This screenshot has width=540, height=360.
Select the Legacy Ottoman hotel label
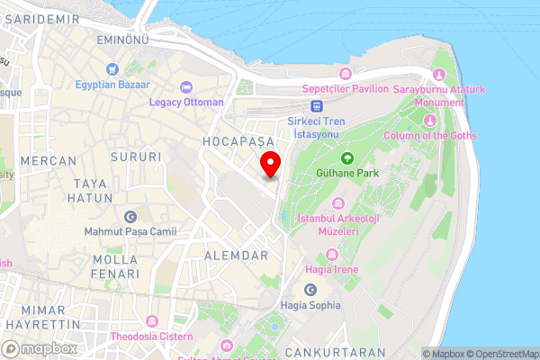point(186,102)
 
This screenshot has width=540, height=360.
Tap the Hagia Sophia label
point(310,304)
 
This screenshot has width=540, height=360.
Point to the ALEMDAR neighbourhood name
point(237,256)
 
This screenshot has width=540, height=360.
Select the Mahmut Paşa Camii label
point(130,231)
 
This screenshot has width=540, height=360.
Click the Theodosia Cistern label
point(152,337)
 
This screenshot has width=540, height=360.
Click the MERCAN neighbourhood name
point(48,161)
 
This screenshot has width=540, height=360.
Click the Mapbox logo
point(39,348)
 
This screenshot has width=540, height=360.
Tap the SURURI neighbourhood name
point(136,157)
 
